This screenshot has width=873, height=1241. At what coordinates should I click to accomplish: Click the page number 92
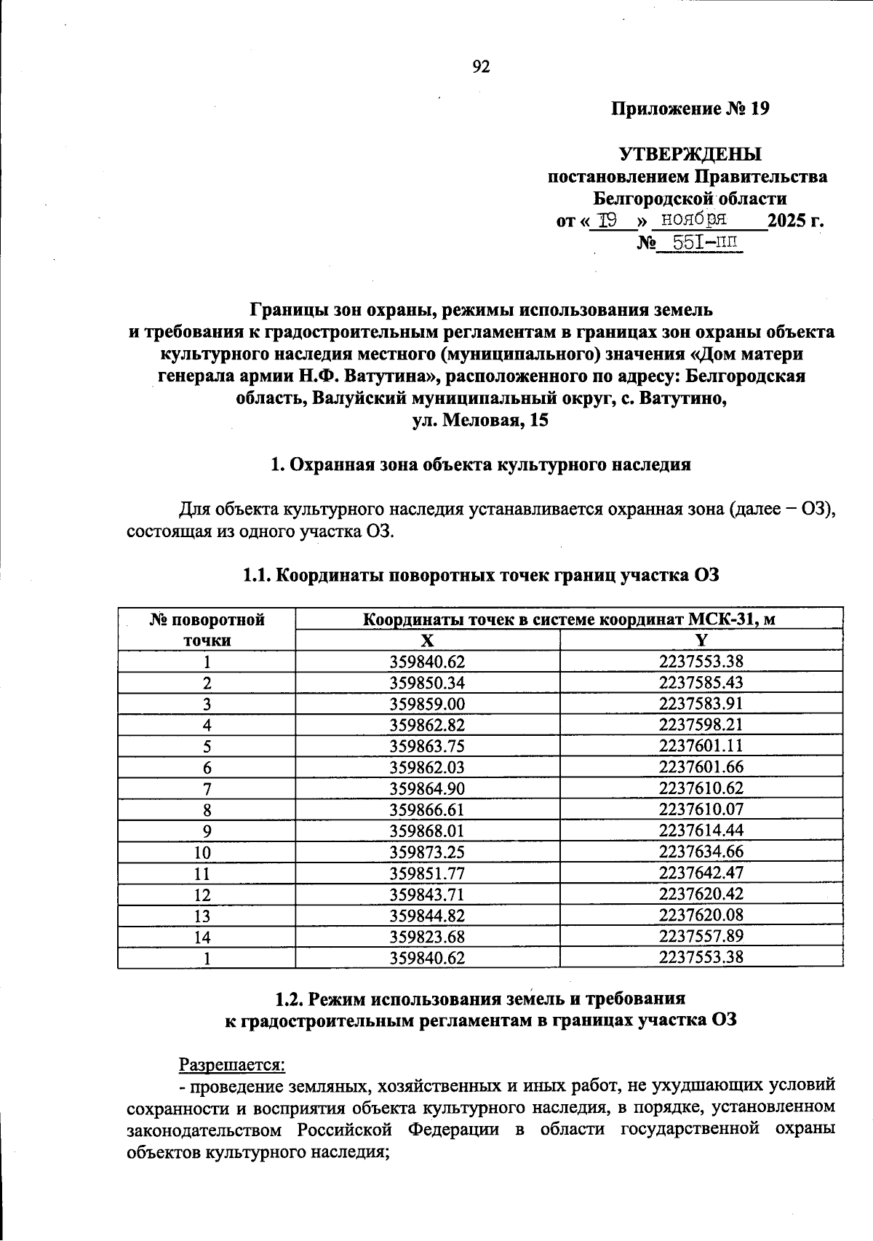[x=481, y=67]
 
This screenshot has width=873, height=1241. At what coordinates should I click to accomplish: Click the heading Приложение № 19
[x=690, y=109]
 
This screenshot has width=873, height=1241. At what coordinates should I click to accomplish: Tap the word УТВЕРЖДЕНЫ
[x=690, y=154]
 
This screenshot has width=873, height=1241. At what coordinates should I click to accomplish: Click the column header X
[x=427, y=641]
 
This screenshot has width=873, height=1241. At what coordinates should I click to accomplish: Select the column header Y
[x=701, y=641]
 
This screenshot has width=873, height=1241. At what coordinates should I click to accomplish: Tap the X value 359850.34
[x=427, y=683]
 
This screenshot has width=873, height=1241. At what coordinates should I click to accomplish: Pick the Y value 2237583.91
[x=701, y=704]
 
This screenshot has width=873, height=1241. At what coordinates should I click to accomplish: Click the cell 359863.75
[x=427, y=746]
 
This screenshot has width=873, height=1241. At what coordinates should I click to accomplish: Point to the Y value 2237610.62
[x=701, y=788]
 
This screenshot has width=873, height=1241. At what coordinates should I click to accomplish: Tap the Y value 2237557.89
[x=701, y=936]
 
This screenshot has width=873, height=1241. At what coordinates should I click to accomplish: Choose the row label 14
[x=207, y=937]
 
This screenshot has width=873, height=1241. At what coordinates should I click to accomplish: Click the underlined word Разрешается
[x=232, y=1064]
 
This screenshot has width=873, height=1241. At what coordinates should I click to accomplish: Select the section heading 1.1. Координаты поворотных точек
[x=480, y=575]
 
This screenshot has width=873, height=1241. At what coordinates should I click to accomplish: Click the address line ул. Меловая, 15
[x=480, y=421]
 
